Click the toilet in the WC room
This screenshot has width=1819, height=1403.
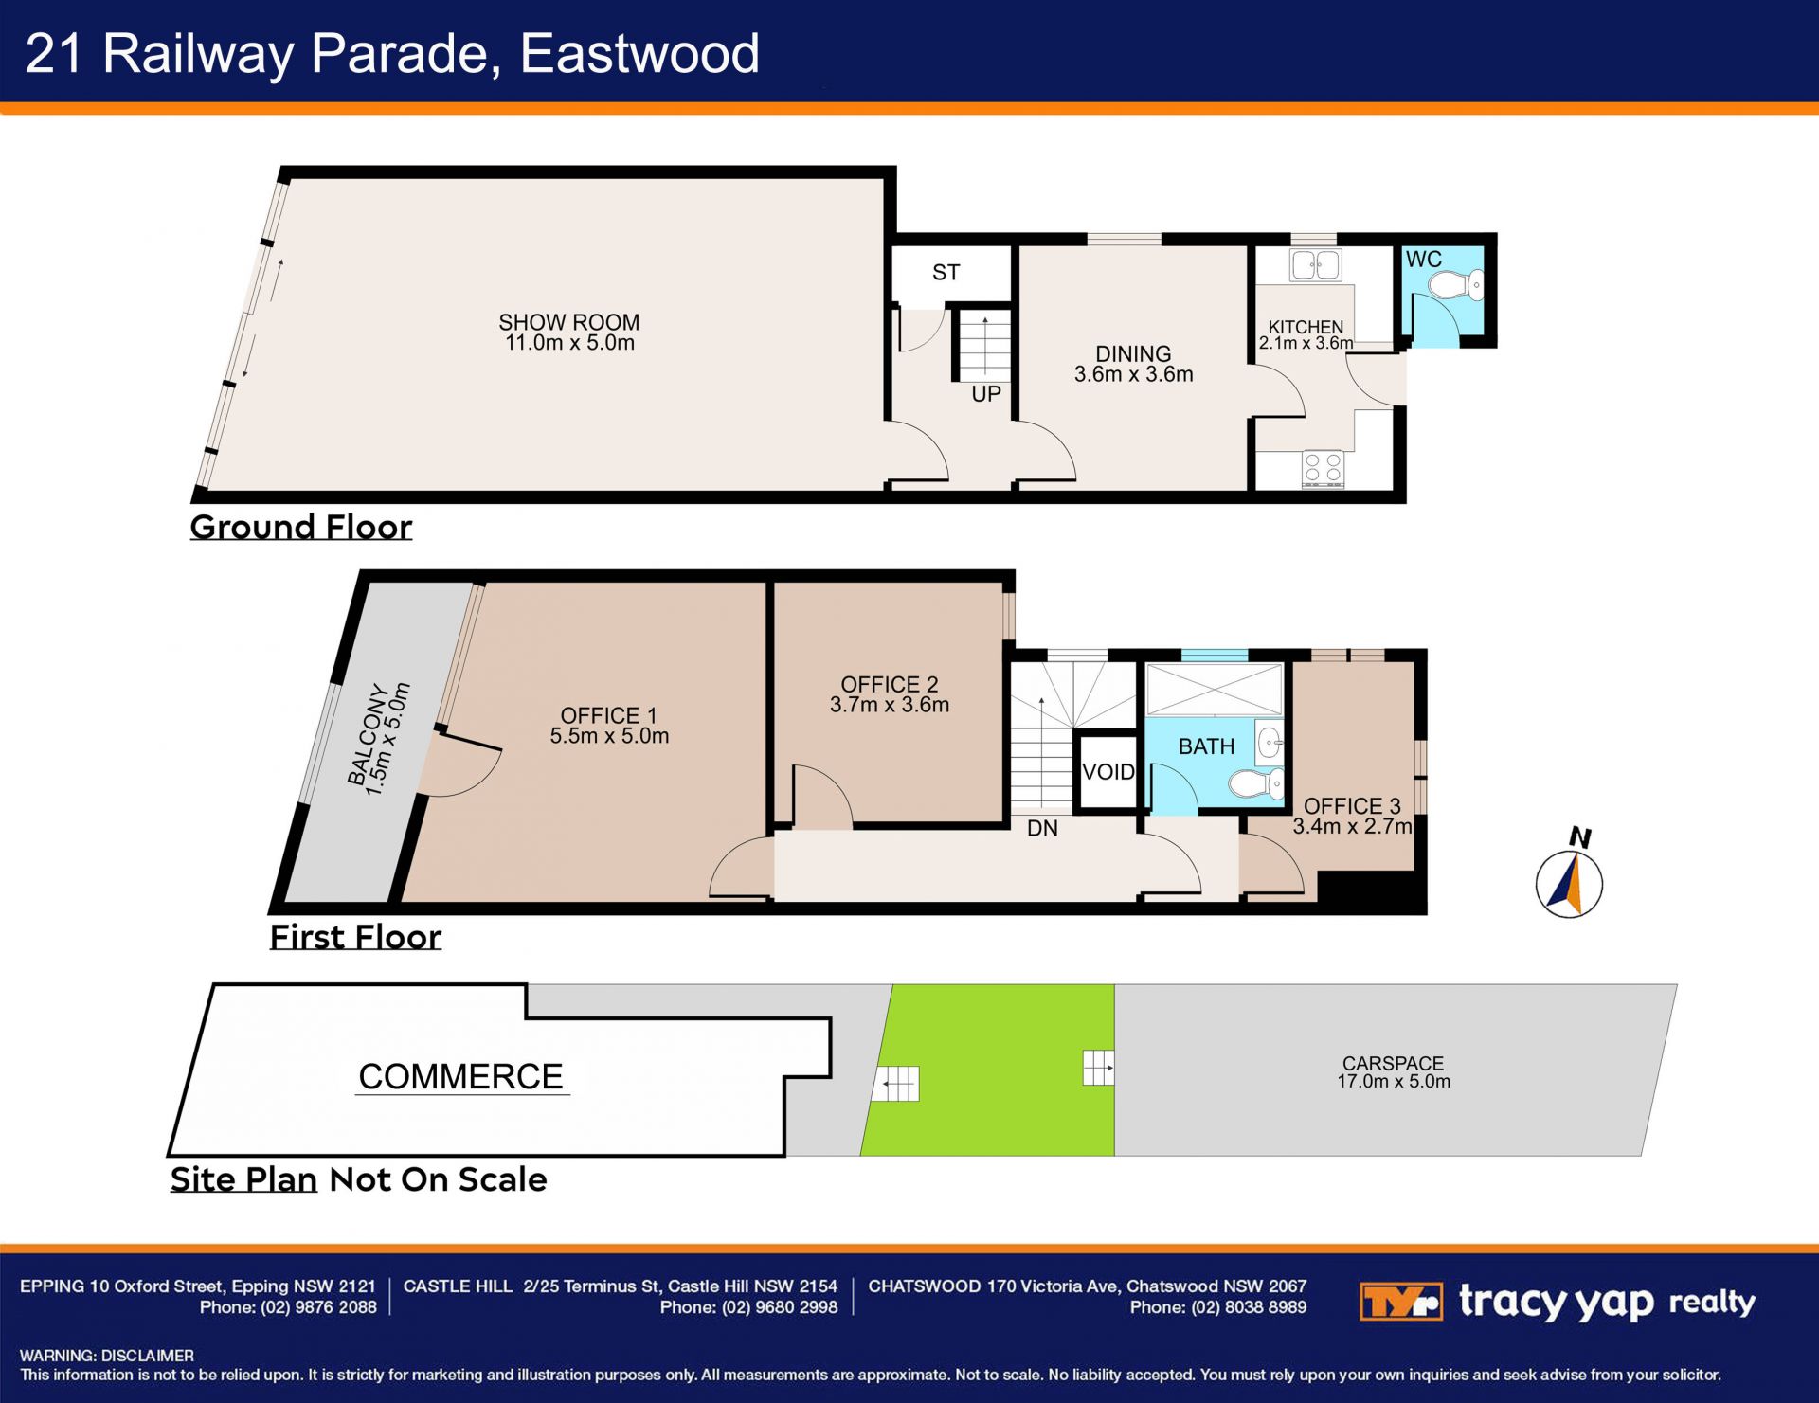1455,285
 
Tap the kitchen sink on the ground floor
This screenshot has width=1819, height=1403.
1316,265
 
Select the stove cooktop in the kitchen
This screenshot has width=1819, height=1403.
1323,468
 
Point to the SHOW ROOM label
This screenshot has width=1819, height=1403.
569,322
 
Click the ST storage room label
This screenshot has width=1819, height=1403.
946,273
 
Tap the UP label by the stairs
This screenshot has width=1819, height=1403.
986,394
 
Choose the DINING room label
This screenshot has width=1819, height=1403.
1133,353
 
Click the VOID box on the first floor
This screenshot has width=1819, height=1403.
1108,772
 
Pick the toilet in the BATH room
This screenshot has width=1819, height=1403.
1256,784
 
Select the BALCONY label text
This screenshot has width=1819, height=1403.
369,735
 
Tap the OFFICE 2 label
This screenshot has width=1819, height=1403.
890,684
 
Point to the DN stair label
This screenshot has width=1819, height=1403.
1042,829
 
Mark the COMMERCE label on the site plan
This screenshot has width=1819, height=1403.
461,1077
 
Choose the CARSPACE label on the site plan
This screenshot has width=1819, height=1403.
1393,1064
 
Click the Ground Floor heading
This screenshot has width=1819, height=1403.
301,527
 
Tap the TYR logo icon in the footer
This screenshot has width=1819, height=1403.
1400,1302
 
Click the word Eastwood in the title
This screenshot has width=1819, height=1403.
639,53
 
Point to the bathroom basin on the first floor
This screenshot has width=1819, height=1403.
1270,743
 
